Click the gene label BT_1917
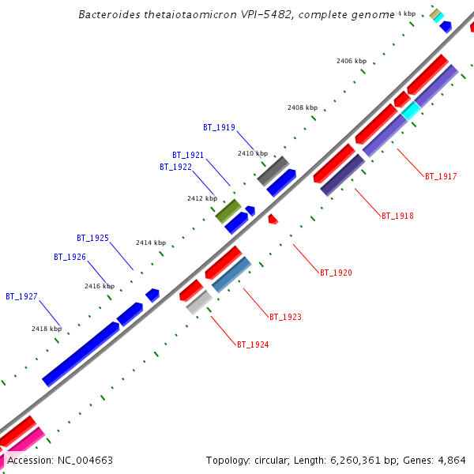tap(441, 176)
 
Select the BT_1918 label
tap(397, 216)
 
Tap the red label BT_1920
tap(336, 273)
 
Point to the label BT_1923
tap(285, 317)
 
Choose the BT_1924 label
tap(253, 344)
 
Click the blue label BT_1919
tap(219, 127)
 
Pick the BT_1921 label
tap(188, 155)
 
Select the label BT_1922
tap(175, 167)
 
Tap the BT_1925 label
tap(92, 238)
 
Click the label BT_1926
tap(70, 257)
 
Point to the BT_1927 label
tap(21, 296)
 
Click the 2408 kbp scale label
tap(303, 107)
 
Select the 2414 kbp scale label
tap(151, 243)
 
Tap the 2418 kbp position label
tap(47, 328)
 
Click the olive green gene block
tap(228, 210)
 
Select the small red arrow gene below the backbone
tap(273, 219)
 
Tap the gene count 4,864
tap(450, 460)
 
